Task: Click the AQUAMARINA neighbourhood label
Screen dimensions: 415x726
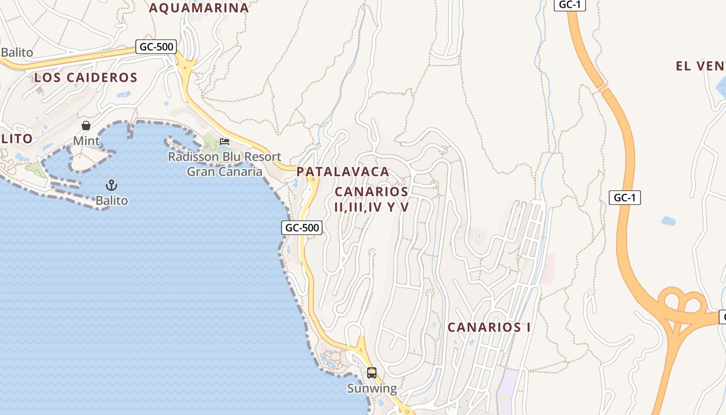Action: pyautogui.click(x=199, y=8)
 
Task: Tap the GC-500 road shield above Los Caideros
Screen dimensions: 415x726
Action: pyautogui.click(x=157, y=47)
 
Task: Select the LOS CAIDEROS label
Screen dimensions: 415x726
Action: pyautogui.click(x=86, y=78)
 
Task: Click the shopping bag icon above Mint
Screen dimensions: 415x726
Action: pyautogui.click(x=86, y=126)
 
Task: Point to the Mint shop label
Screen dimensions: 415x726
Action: pyautogui.click(x=86, y=141)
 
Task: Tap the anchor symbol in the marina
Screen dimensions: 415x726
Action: pyautogui.click(x=111, y=185)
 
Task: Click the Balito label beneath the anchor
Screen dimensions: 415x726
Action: pyautogui.click(x=111, y=200)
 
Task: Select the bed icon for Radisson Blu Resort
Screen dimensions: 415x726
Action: pyautogui.click(x=225, y=141)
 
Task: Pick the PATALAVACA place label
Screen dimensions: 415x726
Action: pyautogui.click(x=343, y=172)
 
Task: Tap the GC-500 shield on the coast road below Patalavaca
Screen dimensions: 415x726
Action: pyautogui.click(x=302, y=227)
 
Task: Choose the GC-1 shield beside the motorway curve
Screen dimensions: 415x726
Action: pyautogui.click(x=625, y=198)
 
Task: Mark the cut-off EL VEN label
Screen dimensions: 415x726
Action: pyautogui.click(x=700, y=66)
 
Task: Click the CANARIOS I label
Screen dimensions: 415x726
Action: pyautogui.click(x=489, y=327)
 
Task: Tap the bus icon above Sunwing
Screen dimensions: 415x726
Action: pyautogui.click(x=372, y=372)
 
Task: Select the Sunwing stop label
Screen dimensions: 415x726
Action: pyautogui.click(x=372, y=388)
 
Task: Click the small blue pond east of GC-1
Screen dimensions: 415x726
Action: pyautogui.click(x=668, y=221)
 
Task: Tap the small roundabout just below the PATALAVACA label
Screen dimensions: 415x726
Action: pyautogui.click(x=313, y=180)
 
